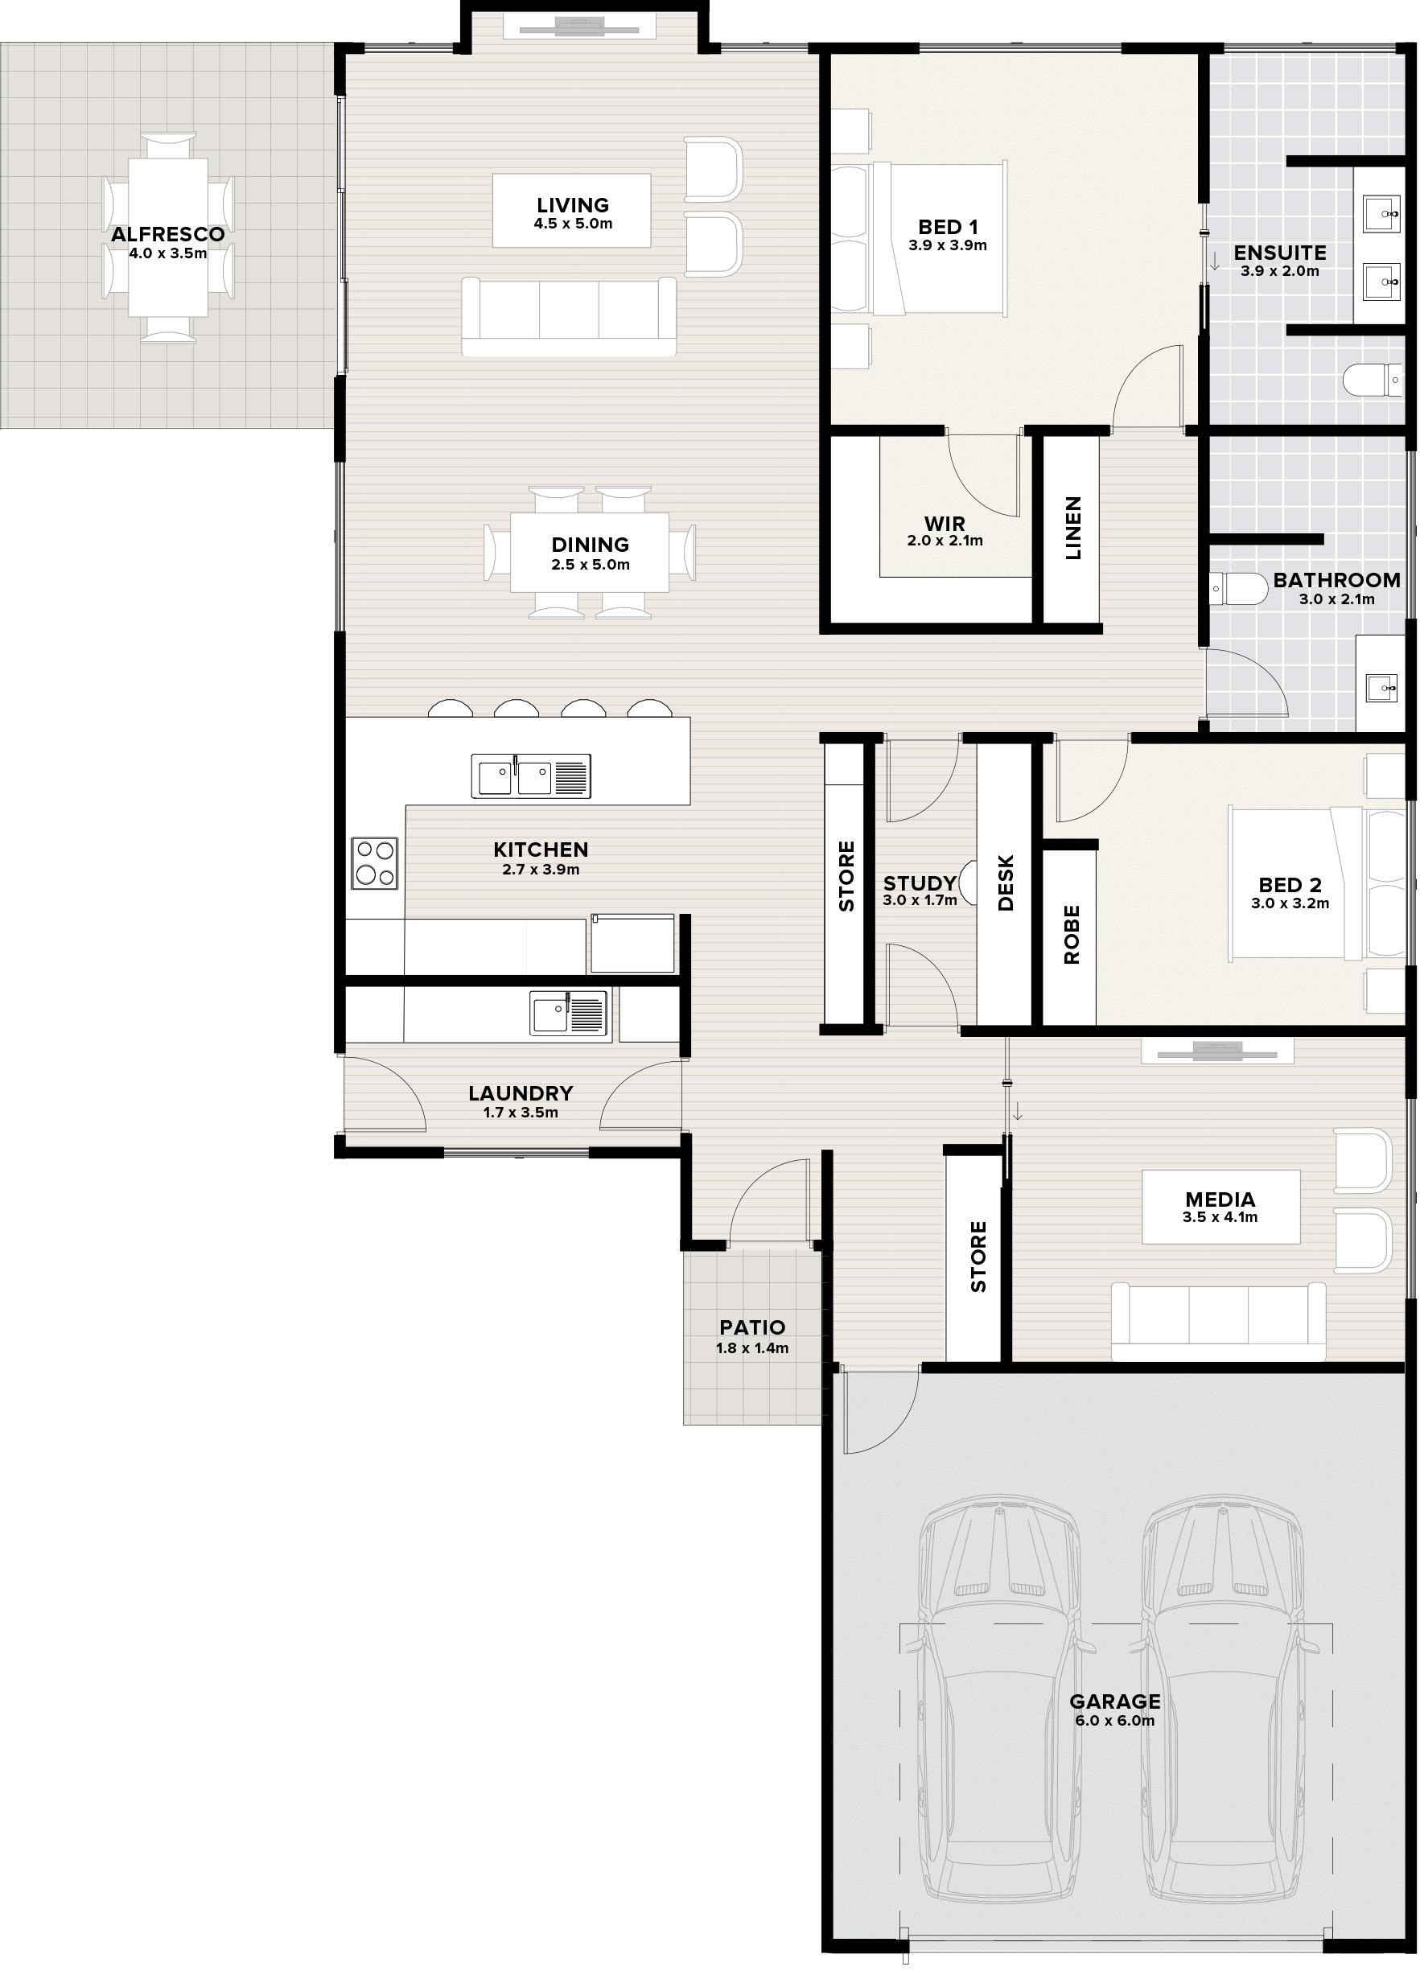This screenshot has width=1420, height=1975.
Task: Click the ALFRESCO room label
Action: (168, 234)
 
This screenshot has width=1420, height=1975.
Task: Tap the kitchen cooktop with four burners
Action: (374, 863)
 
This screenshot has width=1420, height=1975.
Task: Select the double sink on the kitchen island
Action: (531, 776)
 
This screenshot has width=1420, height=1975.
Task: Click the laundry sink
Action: (570, 1014)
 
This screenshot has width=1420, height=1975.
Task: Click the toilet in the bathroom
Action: (1240, 588)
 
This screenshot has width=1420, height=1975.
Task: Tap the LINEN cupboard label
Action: (1072, 528)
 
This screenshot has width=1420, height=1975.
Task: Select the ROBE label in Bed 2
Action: (1071, 934)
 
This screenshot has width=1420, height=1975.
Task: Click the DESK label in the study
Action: (1006, 883)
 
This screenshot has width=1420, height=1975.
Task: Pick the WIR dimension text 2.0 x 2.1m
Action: (945, 541)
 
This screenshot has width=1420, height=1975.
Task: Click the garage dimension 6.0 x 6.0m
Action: (1114, 1722)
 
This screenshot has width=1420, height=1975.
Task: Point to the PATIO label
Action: (752, 1328)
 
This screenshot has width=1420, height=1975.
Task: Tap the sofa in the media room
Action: (1219, 1322)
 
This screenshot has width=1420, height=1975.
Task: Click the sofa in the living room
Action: (569, 316)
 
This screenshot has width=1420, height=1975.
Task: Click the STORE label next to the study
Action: (846, 876)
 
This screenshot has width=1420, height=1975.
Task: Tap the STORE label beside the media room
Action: (978, 1257)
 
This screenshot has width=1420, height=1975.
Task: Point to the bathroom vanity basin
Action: (1381, 688)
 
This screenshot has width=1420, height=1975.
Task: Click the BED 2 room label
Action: (1290, 885)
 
